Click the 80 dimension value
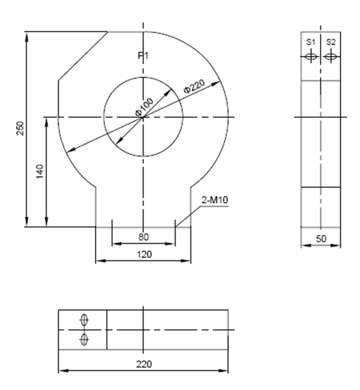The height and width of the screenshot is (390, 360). click(143, 237)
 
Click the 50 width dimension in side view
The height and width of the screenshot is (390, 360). click(320, 239)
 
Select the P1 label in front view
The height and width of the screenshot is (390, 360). click(143, 55)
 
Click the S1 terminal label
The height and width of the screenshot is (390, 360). click(311, 42)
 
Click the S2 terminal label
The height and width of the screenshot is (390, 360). click(331, 42)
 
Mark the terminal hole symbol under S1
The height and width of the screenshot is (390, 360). click(311, 56)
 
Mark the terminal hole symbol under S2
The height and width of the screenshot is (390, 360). click(331, 56)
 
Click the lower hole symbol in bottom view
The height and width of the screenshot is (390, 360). click(84, 340)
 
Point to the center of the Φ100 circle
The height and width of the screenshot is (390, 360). click(143, 117)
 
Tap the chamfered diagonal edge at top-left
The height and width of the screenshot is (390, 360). click(83, 56)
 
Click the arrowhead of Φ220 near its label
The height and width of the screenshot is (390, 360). click(218, 84)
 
